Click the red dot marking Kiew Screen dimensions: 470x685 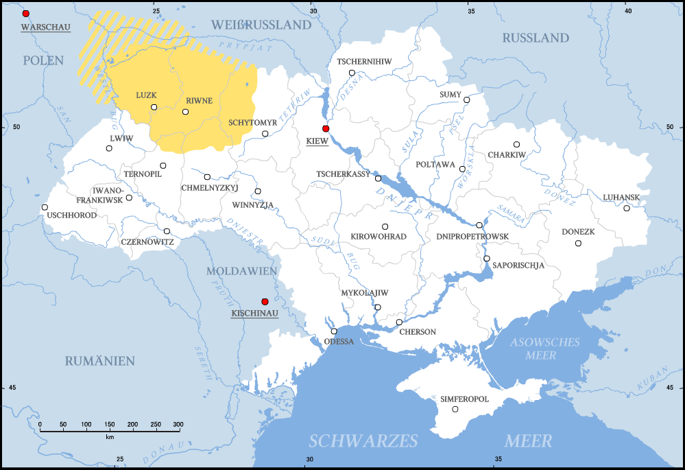[326, 129]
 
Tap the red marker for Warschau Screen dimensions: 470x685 [26, 14]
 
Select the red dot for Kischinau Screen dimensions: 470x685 [265, 302]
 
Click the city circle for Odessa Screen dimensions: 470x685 [334, 331]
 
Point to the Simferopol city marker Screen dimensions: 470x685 [455, 410]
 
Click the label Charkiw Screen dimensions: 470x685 [507, 155]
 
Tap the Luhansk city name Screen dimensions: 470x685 [621, 198]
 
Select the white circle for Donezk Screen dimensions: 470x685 [578, 244]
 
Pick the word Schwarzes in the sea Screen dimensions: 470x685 [363, 440]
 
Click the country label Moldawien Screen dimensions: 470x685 [241, 271]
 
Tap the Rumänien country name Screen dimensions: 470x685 [100, 361]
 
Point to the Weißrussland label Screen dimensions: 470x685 [261, 25]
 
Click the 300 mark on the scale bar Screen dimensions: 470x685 [178, 425]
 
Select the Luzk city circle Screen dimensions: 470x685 [154, 107]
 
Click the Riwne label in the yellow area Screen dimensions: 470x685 [198, 101]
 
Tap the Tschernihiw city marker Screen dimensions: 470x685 [352, 73]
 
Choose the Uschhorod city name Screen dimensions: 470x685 [72, 215]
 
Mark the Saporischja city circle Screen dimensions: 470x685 [486, 259]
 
